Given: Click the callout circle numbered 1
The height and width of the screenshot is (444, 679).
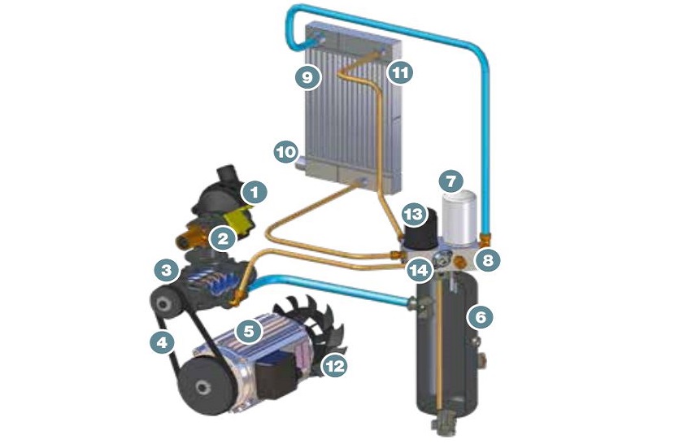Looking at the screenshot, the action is click(x=255, y=192).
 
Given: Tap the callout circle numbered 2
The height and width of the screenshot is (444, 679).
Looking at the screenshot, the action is click(x=223, y=238).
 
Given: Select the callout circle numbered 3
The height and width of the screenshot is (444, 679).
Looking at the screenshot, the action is click(x=167, y=271).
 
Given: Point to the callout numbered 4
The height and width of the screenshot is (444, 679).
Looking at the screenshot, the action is click(x=162, y=342).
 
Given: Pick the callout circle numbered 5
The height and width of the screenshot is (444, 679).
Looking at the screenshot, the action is click(x=249, y=332).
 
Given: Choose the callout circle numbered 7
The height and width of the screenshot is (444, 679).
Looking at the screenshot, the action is click(x=451, y=181).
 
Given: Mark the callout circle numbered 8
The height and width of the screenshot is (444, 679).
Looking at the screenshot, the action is click(x=488, y=260).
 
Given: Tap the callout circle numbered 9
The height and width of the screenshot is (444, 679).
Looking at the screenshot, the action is click(x=307, y=77).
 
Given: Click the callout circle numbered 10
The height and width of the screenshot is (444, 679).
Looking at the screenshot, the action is click(x=286, y=153).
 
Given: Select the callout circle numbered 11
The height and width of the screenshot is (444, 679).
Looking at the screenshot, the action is click(x=400, y=72).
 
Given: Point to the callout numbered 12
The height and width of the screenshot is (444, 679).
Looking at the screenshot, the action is click(x=335, y=367).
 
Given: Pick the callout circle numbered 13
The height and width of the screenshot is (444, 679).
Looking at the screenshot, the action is click(x=414, y=214).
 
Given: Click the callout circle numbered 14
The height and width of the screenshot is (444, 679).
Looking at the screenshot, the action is click(x=420, y=271).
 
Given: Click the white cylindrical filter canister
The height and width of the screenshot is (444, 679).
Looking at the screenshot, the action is click(x=459, y=216).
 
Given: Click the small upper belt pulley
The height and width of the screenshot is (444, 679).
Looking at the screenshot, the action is click(x=164, y=304).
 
